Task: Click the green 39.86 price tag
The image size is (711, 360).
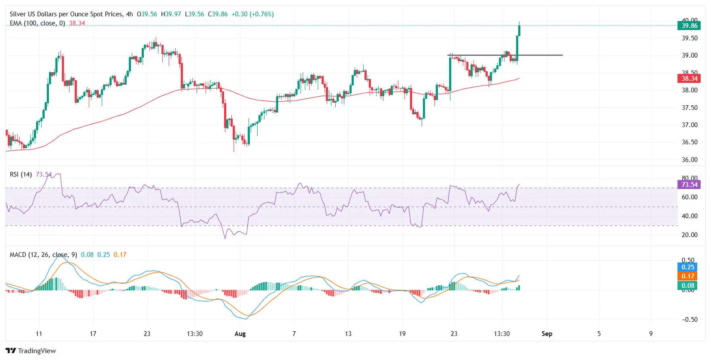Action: [689, 26]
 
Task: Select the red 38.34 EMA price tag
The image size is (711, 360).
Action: [689, 79]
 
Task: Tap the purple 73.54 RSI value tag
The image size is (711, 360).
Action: [689, 185]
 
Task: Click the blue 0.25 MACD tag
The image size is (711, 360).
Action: [687, 267]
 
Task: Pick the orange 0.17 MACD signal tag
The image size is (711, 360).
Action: [687, 276]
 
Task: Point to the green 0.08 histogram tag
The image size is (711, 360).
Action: [687, 286]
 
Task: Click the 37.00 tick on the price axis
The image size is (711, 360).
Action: [690, 125]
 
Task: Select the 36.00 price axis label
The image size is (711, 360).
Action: [690, 160]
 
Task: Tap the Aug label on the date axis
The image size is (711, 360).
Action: [240, 334]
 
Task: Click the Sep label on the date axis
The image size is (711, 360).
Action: [547, 334]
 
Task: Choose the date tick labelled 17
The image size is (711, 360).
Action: [93, 334]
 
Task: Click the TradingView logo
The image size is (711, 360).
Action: [31, 351]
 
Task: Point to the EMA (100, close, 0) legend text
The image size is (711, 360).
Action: [37, 23]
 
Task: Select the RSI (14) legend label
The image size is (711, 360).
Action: [21, 174]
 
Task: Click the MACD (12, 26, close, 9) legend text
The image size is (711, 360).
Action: [43, 255]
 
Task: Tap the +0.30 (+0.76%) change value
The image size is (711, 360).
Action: [252, 14]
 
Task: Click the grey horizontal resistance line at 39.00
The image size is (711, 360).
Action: [537, 55]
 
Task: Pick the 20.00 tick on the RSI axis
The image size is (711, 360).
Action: [690, 235]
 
